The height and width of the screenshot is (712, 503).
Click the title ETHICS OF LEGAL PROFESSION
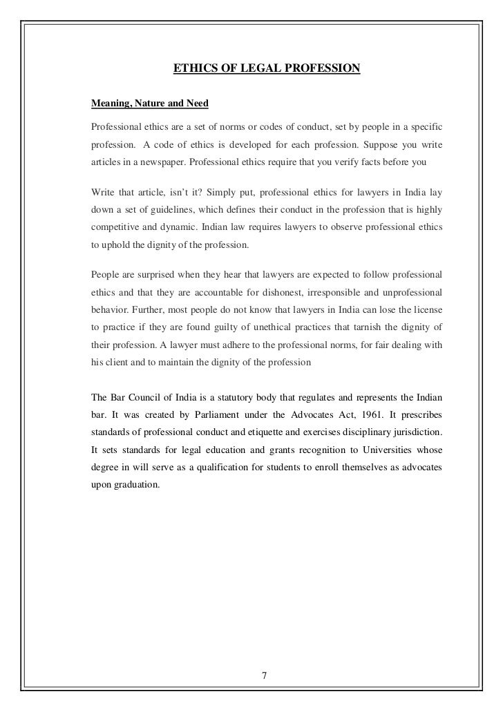click(266, 68)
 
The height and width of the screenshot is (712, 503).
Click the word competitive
click(115, 225)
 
